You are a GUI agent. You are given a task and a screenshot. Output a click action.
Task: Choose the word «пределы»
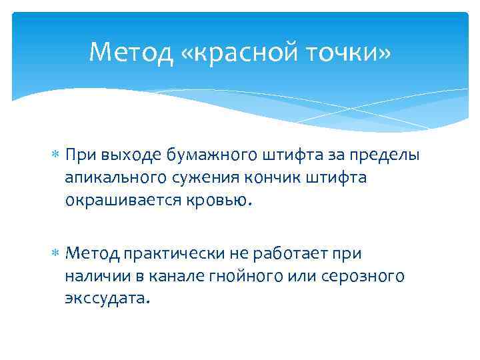[x=384, y=156]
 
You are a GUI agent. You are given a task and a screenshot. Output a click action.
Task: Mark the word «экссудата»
[x=106, y=297]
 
